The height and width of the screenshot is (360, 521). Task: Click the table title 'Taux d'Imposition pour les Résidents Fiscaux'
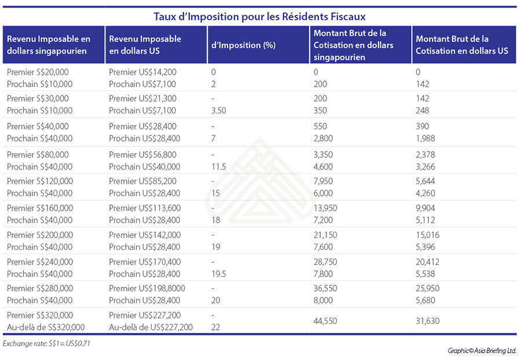[x=259, y=16]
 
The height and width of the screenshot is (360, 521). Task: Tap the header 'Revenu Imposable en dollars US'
[x=145, y=45]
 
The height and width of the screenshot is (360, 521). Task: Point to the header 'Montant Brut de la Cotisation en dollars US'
[x=461, y=45]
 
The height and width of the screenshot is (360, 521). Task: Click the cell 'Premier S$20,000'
[x=37, y=72]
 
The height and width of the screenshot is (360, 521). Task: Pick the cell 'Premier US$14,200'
[x=142, y=72]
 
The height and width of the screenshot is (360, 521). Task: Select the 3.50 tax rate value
[x=219, y=111]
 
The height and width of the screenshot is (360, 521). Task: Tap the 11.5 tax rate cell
[x=218, y=167]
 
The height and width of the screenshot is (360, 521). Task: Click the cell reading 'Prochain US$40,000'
[x=144, y=167]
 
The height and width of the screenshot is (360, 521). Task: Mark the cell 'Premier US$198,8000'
[x=145, y=288]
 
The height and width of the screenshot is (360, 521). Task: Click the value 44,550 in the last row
[x=325, y=321]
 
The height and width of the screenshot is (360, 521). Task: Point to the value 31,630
[x=428, y=321]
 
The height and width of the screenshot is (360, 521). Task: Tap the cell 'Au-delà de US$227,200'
[x=151, y=327]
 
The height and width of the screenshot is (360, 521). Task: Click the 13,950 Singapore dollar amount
[x=325, y=208]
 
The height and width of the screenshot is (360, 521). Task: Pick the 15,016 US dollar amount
[x=428, y=234]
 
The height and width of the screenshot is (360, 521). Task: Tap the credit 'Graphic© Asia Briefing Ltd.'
[x=481, y=351]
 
